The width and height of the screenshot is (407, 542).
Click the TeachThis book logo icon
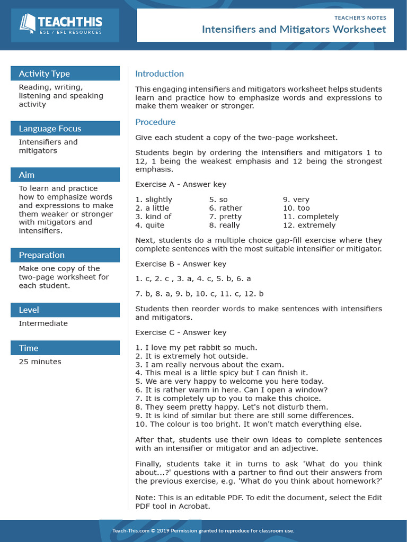[28, 23]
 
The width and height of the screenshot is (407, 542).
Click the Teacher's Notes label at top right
[360, 17]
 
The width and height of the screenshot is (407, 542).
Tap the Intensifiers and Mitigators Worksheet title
[294, 30]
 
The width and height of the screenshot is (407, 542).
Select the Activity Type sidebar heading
[45, 74]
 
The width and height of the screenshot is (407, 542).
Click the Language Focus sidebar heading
[50, 129]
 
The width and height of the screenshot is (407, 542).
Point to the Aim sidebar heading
[26, 175]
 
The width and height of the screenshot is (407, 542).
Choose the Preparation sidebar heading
[41, 255]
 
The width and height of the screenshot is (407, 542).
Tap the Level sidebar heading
[29, 310]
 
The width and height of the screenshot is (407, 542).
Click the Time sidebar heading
[29, 348]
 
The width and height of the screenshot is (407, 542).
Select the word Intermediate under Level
[43, 323]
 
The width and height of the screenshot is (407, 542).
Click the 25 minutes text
[40, 362]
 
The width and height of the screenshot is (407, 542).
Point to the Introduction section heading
[160, 74]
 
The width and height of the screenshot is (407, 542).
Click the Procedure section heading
[155, 122]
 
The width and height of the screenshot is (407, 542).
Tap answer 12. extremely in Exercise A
[309, 225]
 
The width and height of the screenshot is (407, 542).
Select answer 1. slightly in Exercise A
[154, 200]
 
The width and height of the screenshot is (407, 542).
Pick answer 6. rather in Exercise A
[225, 208]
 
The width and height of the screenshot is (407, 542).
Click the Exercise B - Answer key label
[181, 264]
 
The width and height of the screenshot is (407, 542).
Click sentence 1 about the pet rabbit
[196, 347]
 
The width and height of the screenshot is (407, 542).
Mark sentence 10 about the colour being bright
[248, 423]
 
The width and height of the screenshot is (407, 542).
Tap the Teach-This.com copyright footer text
[203, 530]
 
